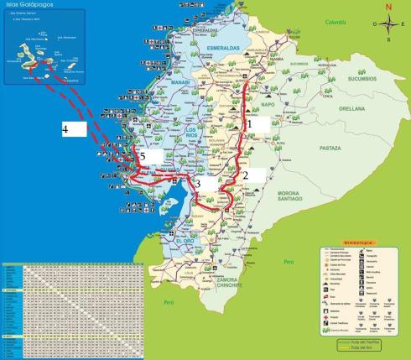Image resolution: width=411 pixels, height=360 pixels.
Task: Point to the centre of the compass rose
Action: (388, 24)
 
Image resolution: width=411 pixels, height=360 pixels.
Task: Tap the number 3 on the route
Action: (199, 183)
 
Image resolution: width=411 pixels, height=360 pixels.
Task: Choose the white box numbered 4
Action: (75, 129)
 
